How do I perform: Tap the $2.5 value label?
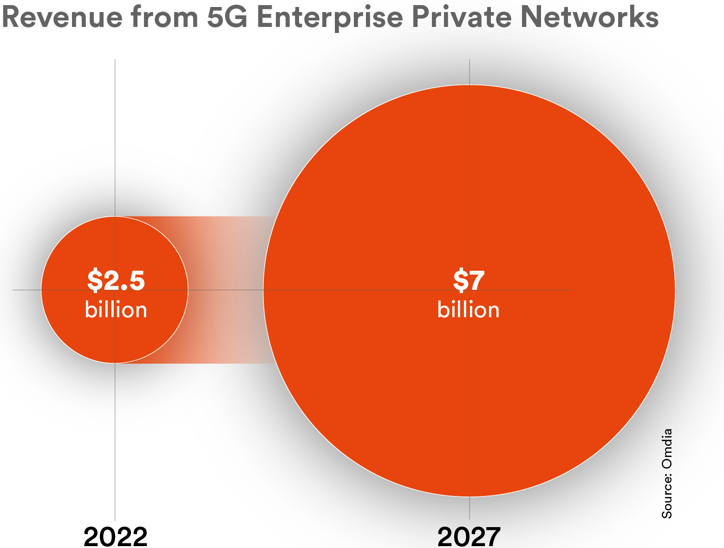pyautogui.click(x=116, y=280)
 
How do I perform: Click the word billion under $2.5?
pyautogui.click(x=116, y=310)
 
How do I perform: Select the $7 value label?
pyautogui.click(x=469, y=280)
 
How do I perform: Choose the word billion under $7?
pyautogui.click(x=469, y=310)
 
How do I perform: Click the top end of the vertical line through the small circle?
pyautogui.click(x=115, y=60)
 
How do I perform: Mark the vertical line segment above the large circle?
pyautogui.click(x=470, y=72)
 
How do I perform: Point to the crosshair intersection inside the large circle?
pyautogui.click(x=470, y=290)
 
